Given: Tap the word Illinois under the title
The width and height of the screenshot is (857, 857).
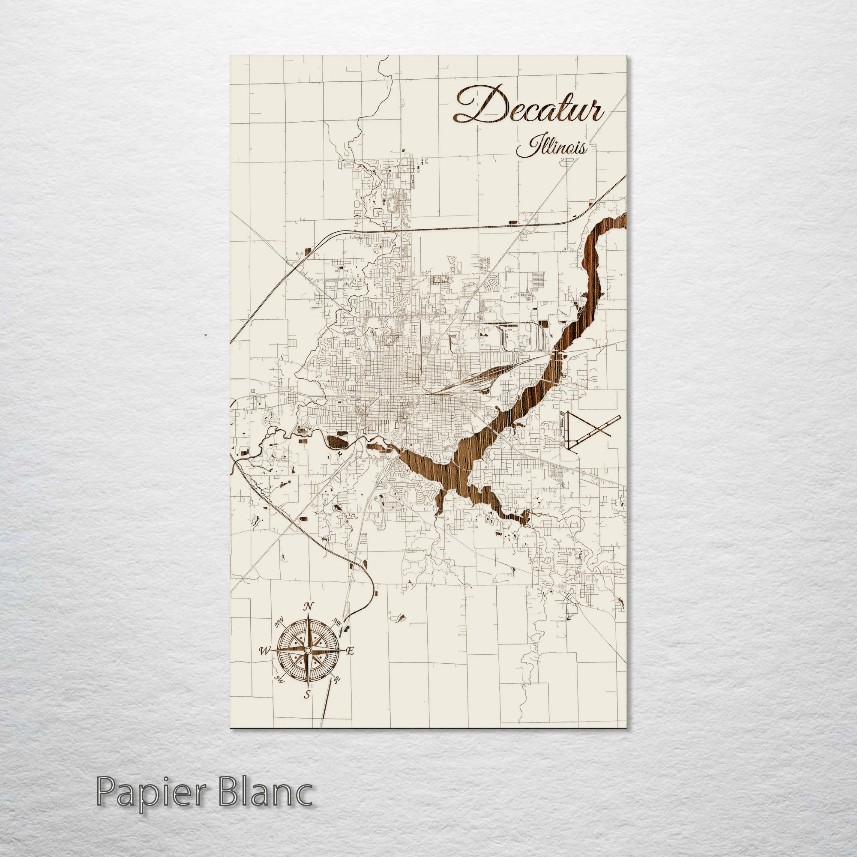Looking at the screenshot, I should pos(552,148).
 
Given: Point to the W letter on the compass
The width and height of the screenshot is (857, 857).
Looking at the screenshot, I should pos(264,651).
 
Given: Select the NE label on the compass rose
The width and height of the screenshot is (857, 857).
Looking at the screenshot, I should pos(338,622).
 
